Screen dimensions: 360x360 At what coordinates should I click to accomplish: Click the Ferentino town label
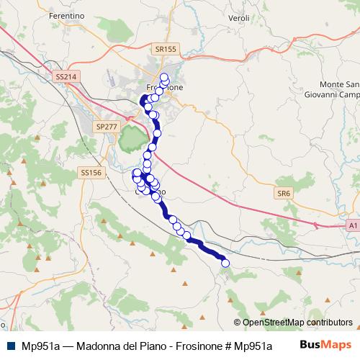(66, 15)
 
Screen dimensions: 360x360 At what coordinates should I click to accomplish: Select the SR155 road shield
(165, 49)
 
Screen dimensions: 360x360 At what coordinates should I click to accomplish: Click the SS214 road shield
(65, 76)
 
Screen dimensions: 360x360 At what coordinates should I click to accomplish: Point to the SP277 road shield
(106, 127)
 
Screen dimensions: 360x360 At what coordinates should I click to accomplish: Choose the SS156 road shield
(91, 173)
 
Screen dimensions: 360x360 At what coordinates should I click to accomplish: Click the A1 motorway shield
(352, 225)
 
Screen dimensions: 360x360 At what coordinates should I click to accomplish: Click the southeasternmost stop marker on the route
(225, 264)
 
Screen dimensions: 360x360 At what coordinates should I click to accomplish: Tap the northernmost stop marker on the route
(164, 77)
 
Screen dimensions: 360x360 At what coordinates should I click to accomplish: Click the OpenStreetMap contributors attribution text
(297, 323)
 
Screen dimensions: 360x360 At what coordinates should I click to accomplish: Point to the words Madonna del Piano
(114, 346)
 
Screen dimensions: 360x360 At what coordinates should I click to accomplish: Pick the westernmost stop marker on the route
(135, 173)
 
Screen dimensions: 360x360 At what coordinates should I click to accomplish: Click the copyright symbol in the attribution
(238, 323)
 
